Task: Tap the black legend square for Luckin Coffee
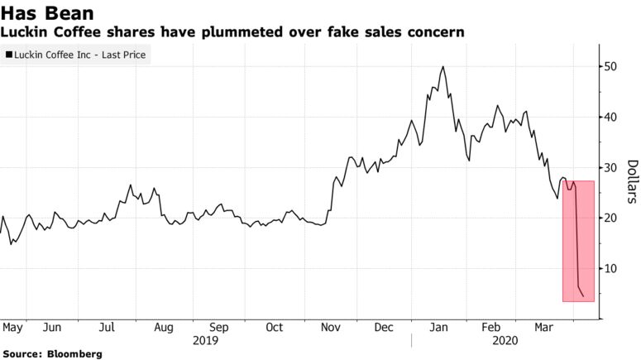tap(9, 55)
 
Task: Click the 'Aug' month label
tap(164, 327)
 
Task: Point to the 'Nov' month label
tap(332, 327)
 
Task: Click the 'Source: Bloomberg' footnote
tap(53, 353)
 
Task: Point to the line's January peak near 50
tap(444, 66)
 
